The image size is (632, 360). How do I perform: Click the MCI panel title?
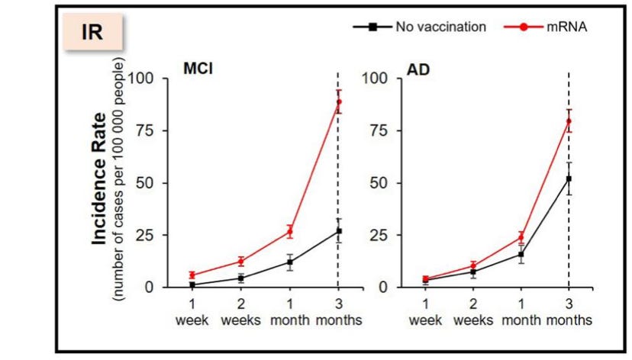pos(197,68)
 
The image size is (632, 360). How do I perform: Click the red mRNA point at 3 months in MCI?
pos(339,101)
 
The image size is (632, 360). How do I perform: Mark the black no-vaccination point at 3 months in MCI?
pos(339,231)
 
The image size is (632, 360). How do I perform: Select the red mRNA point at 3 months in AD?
pos(569,121)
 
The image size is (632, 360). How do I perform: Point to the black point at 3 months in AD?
pos(569,178)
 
